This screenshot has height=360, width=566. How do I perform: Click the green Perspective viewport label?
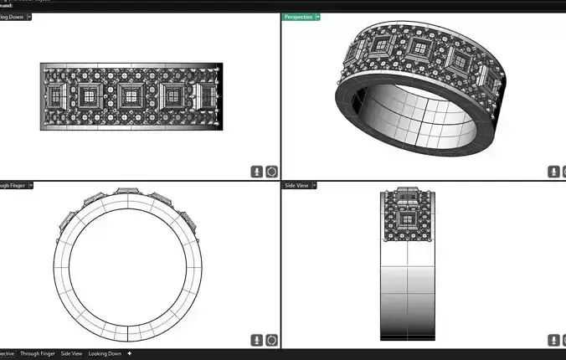click(x=299, y=17)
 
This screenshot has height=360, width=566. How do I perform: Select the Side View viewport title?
click(x=296, y=185)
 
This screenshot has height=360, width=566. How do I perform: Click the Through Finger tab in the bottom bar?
click(x=37, y=354)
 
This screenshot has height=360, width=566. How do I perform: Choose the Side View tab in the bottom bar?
click(x=71, y=354)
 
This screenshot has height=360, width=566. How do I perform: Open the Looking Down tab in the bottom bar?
click(x=105, y=354)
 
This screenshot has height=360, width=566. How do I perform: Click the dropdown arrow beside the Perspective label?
click(x=318, y=17)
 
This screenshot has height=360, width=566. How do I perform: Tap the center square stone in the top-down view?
click(x=131, y=95)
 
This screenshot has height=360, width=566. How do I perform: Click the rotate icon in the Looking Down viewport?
click(x=271, y=172)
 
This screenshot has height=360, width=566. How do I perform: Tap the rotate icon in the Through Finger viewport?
click(x=271, y=341)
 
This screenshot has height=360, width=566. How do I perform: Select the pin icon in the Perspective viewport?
click(x=553, y=172)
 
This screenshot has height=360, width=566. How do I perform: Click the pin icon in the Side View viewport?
click(x=553, y=341)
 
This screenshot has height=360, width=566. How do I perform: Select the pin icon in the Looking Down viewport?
click(x=258, y=172)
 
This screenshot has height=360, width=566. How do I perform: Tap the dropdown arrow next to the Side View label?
click(x=313, y=185)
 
